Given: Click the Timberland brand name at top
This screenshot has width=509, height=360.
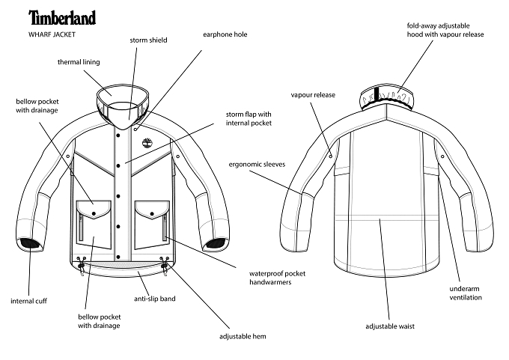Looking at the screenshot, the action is tap(62, 17).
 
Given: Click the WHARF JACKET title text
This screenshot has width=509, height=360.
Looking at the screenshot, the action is tap(52, 34).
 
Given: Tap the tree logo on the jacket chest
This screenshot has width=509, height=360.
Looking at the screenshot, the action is tap(147, 142).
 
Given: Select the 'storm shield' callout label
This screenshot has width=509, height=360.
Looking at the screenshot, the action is tap(148, 40).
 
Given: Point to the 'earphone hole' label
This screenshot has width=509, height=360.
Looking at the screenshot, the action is tap(225, 34).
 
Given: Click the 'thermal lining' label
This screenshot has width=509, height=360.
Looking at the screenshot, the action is tap(79, 62).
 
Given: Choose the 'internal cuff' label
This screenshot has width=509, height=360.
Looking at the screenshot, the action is tap(28, 301).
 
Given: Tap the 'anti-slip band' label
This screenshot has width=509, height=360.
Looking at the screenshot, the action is tap(154, 299).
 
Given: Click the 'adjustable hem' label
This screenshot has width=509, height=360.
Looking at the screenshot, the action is tap(243, 336).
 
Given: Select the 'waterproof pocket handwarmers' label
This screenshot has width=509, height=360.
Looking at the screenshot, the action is tap(277, 278).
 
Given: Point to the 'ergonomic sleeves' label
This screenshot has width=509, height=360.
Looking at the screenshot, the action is tap(257, 164).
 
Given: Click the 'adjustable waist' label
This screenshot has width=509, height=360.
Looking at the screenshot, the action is tap(390, 326).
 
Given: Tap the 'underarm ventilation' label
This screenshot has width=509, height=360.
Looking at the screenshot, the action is tap(466, 293).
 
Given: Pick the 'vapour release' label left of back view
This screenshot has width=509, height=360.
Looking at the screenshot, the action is tap(313, 95).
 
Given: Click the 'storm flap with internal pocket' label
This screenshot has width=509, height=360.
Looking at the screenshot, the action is tap(249, 118).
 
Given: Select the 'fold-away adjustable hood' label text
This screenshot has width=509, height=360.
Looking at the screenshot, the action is tap(445, 30).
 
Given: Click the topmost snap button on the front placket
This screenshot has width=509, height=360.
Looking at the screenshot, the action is tap(118, 135).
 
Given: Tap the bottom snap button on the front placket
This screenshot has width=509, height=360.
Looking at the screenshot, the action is tap(118, 257).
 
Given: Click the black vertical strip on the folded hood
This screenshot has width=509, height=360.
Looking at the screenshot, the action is tap(377, 94).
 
